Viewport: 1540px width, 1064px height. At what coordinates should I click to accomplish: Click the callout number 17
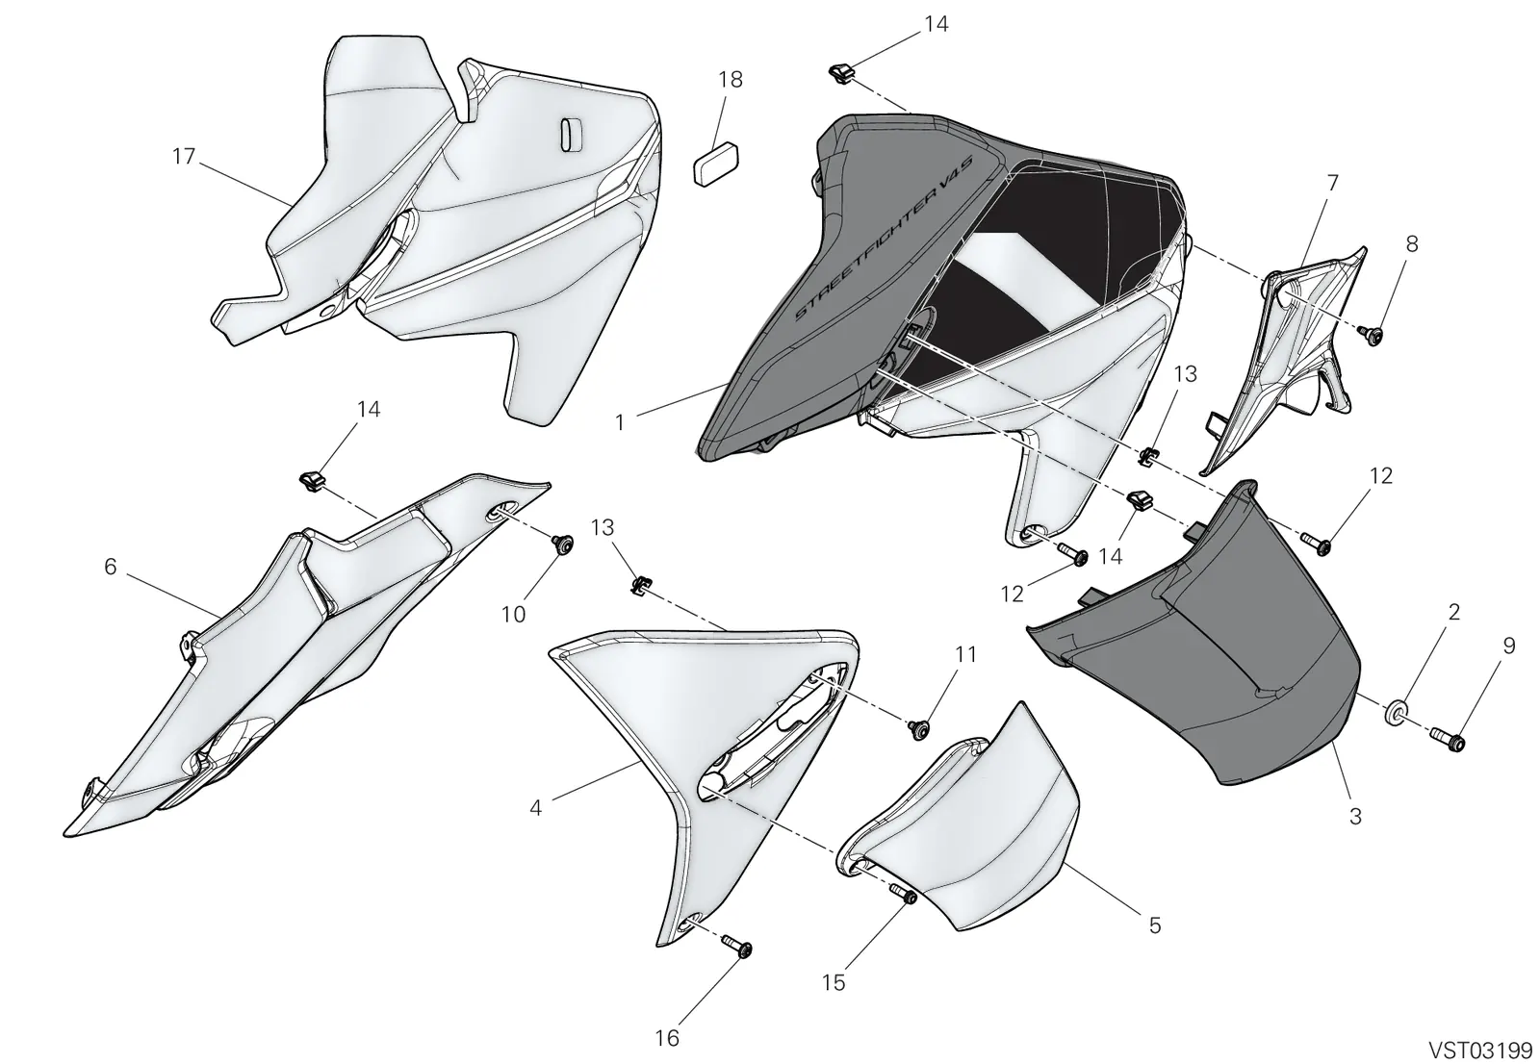pos(184,157)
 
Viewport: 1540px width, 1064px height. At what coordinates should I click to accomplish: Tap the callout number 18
pos(731,80)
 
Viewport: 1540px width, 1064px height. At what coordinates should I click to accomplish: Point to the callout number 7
pos(1332,183)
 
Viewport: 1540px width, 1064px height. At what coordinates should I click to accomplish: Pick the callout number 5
pos(1155,925)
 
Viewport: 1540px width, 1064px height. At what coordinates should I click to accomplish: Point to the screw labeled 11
pos(920,729)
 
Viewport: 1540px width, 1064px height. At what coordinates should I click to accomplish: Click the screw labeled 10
pos(564,545)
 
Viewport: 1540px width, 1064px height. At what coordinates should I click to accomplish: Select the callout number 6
pos(111,567)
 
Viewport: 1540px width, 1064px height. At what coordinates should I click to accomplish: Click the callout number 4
pos(536,808)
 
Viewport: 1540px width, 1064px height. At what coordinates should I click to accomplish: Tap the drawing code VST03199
pos(1480,1050)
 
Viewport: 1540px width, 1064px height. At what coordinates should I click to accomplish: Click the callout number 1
pos(620,422)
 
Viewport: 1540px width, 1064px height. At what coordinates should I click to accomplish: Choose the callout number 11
pos(965,654)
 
